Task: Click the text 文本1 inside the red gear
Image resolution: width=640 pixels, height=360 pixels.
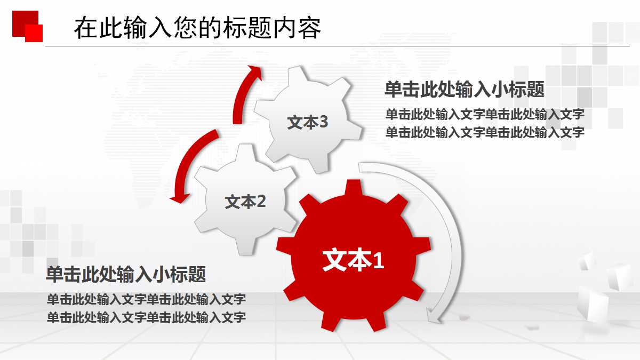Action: pos(353,261)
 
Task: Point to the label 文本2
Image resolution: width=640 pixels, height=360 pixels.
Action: pos(245,202)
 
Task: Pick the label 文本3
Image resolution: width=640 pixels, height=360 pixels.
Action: pos(307,123)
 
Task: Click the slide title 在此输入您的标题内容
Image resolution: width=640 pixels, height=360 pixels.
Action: pos(197,28)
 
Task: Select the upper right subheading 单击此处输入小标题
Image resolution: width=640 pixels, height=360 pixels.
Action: pos(464,90)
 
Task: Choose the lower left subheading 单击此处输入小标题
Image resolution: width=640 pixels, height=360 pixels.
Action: pos(126,274)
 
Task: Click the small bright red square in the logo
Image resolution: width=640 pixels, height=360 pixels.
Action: pos(34,33)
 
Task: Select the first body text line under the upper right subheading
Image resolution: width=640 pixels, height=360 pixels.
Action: pos(485,115)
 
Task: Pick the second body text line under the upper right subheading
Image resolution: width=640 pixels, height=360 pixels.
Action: pos(485,132)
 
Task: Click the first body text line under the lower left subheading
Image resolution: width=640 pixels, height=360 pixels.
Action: pos(146,299)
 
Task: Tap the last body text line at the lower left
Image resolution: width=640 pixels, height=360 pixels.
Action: pos(146,318)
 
